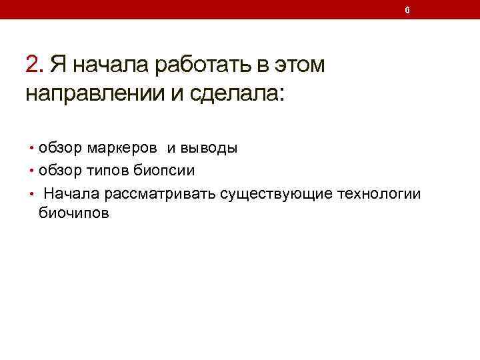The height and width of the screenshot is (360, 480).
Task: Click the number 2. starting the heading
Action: (x=34, y=65)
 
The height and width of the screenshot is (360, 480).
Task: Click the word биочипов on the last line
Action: (x=73, y=213)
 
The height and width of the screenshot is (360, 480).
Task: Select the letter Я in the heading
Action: (x=59, y=65)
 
